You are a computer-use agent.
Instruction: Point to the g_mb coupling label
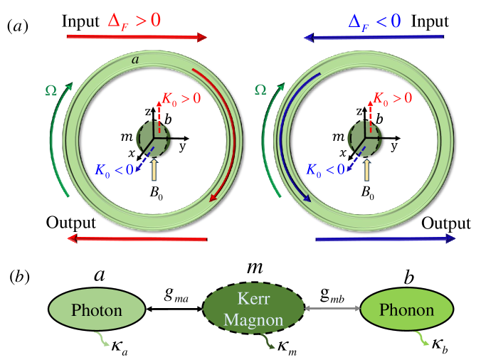(329, 292)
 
